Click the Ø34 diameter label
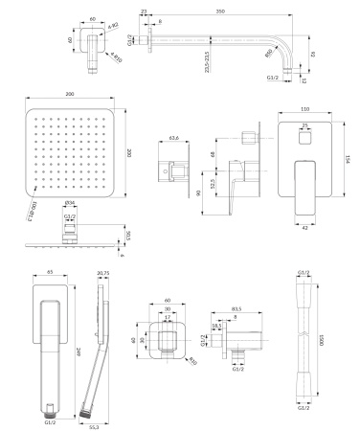coord(70,204)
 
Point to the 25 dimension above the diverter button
coord(304,125)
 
